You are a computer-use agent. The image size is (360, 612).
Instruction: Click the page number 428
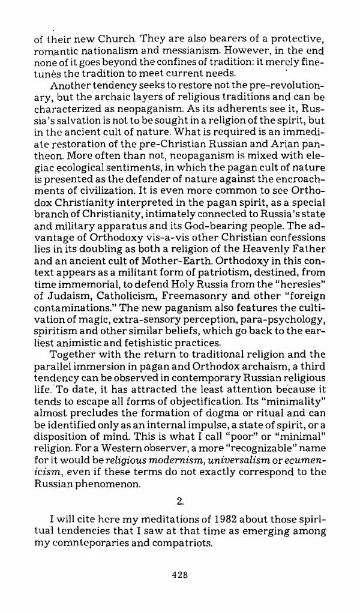tap(180, 574)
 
